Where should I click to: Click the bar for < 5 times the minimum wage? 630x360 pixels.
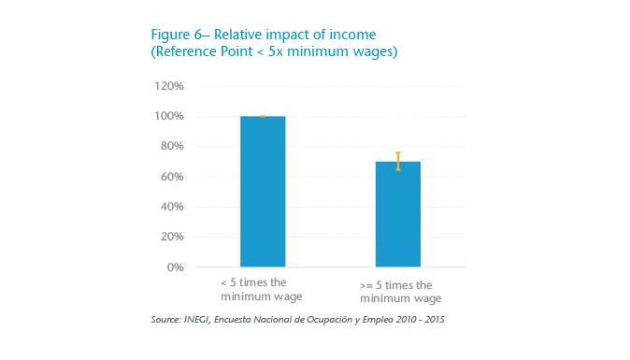(x=263, y=192)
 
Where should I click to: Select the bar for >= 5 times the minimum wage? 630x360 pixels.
(x=397, y=214)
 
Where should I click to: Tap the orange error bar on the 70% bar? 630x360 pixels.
(x=397, y=161)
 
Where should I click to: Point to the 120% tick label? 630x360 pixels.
(x=169, y=86)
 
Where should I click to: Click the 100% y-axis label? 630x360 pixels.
(x=169, y=116)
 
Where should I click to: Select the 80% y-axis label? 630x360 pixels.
(x=172, y=146)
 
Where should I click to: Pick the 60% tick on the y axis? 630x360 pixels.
(x=172, y=177)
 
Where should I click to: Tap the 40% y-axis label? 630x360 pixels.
(x=172, y=207)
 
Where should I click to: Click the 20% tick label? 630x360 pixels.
(x=172, y=237)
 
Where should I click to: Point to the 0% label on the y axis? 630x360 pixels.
(x=175, y=266)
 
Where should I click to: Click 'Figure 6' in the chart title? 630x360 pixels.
(x=174, y=36)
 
